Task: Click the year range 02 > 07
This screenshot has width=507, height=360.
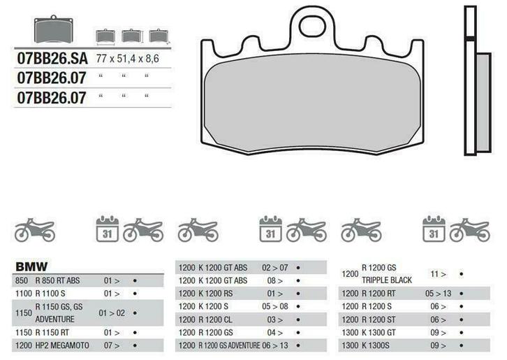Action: [275, 267]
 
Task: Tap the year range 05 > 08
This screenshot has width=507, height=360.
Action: [275, 306]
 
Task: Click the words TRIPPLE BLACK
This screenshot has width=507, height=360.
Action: [388, 280]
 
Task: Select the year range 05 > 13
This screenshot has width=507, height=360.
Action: [439, 294]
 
